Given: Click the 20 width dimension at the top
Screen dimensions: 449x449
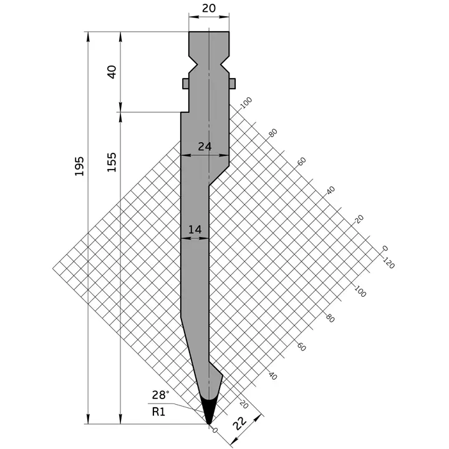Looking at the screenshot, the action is (209, 8).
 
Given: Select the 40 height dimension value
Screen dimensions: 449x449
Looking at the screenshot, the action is (112, 72).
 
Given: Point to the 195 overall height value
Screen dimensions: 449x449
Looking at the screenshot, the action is (79, 166).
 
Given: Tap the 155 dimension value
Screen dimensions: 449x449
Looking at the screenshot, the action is (112, 162).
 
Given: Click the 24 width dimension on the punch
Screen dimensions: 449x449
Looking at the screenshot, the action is (205, 147).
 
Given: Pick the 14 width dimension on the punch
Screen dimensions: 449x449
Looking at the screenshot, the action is (195, 229).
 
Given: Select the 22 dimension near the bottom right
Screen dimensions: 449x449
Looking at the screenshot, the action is (239, 423).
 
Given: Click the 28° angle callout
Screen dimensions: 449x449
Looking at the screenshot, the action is (160, 395).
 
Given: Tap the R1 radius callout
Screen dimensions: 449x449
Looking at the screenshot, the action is (158, 412).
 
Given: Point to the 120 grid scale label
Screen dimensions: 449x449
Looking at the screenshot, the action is (389, 263).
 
